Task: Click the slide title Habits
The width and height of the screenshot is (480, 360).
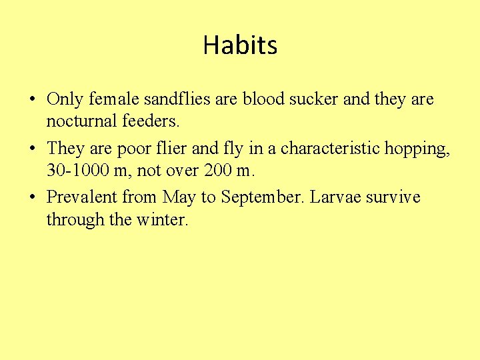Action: (240, 45)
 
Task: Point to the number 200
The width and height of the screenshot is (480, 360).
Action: (219, 171)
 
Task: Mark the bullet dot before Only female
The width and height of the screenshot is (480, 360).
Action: (32, 101)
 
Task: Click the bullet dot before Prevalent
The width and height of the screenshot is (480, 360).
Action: (32, 198)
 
